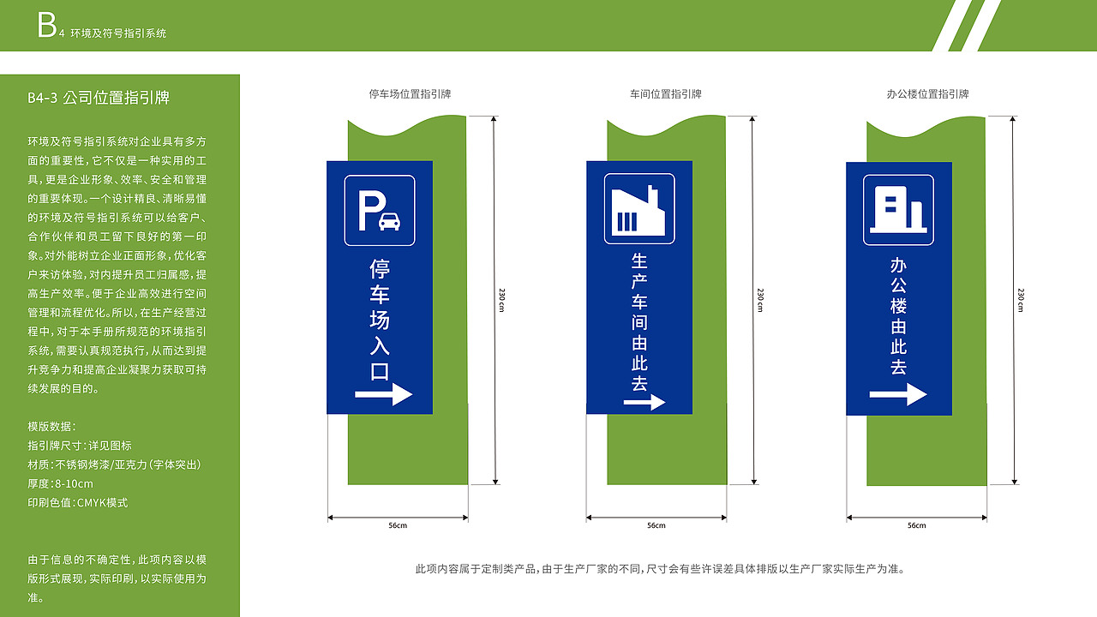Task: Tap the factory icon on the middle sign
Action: (x=639, y=209)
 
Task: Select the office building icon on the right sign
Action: (x=898, y=210)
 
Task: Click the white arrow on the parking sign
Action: (x=383, y=394)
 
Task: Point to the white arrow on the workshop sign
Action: (x=644, y=402)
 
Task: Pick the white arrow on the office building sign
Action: (x=898, y=394)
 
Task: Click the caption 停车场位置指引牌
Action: (x=410, y=94)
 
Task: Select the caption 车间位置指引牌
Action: (x=666, y=94)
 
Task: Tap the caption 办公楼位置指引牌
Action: (x=927, y=94)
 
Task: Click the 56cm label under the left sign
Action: (x=398, y=525)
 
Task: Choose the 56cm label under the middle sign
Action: (x=656, y=525)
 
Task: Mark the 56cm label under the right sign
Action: (x=916, y=525)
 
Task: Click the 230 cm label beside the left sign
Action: (x=502, y=300)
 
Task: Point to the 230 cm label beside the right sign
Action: (x=1021, y=300)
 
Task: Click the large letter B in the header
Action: (x=46, y=27)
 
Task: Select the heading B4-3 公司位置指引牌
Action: (x=99, y=98)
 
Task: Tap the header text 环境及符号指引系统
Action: (x=118, y=33)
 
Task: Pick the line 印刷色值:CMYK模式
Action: (x=77, y=503)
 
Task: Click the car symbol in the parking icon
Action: (x=389, y=222)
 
